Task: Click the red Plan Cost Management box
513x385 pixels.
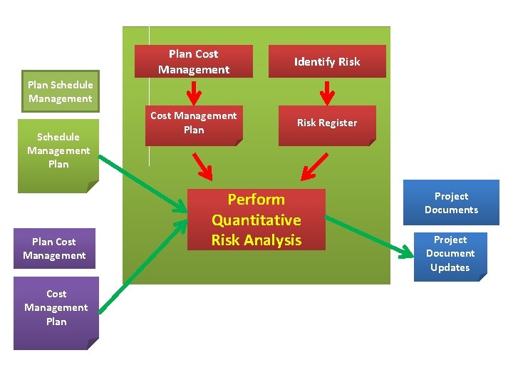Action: [x=194, y=61]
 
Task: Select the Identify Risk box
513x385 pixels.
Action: [x=327, y=61]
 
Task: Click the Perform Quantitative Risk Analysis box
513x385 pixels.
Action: [x=256, y=220]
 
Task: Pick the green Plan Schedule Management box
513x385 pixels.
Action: [x=60, y=91]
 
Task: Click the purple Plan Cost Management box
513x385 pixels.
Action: [x=54, y=248]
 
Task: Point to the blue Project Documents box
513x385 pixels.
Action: [x=451, y=202]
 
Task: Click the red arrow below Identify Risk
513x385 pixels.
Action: [x=327, y=93]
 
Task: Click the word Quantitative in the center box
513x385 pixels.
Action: [x=256, y=220]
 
